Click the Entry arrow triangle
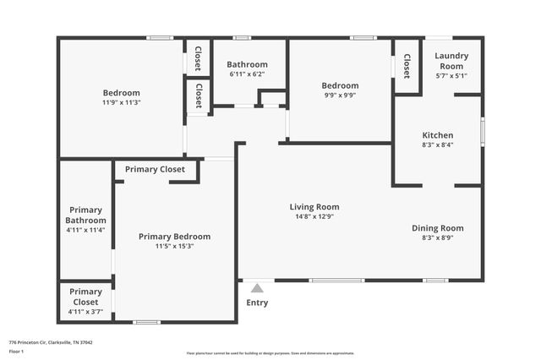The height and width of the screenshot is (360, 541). click(257, 288)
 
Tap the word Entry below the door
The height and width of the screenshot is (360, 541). click(257, 303)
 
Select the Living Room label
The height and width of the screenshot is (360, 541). click(314, 206)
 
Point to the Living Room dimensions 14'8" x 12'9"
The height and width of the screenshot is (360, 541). click(314, 217)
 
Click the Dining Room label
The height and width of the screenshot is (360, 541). click(438, 228)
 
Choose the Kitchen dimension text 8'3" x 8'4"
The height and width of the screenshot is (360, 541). click(438, 145)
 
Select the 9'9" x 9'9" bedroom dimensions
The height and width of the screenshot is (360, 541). click(340, 96)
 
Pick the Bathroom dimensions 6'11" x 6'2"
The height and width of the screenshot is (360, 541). click(247, 74)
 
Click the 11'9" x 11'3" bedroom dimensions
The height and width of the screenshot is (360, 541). click(121, 103)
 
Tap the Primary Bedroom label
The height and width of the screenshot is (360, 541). click(174, 237)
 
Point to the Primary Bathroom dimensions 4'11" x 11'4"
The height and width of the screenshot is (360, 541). click(85, 229)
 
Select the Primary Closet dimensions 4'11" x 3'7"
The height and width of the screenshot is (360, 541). click(85, 312)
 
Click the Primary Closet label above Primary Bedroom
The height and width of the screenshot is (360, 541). click(155, 169)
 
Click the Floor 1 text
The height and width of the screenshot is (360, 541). click(16, 351)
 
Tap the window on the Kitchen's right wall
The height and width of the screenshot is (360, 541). click(483, 131)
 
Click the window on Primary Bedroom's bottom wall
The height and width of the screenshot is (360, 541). click(147, 322)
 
